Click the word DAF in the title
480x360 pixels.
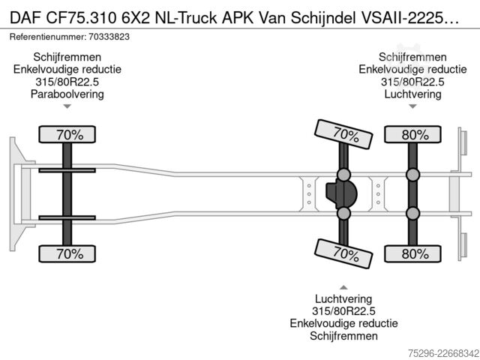tap(25, 18)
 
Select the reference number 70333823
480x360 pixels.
tap(109, 37)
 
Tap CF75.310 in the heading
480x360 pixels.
tap(82, 18)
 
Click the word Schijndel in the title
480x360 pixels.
tap(323, 18)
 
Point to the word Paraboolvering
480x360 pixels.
tap(67, 94)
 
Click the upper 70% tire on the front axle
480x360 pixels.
tap(67, 134)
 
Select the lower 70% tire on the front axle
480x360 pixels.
tap(67, 253)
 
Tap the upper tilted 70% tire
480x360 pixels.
tap(343, 134)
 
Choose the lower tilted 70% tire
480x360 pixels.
tap(343, 253)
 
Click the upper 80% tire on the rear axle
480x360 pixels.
tap(412, 134)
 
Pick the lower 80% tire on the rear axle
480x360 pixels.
tap(412, 253)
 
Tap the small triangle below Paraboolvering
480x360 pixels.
tap(67, 106)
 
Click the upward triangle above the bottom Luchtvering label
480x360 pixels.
tap(343, 287)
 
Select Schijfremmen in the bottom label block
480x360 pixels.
tap(343, 336)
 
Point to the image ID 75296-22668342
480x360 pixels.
tap(443, 353)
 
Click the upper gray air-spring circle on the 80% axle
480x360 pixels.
tap(412, 175)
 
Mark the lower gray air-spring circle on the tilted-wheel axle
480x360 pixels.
tap(343, 213)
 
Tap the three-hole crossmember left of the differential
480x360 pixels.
tap(309, 194)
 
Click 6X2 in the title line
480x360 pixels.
tap(136, 18)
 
